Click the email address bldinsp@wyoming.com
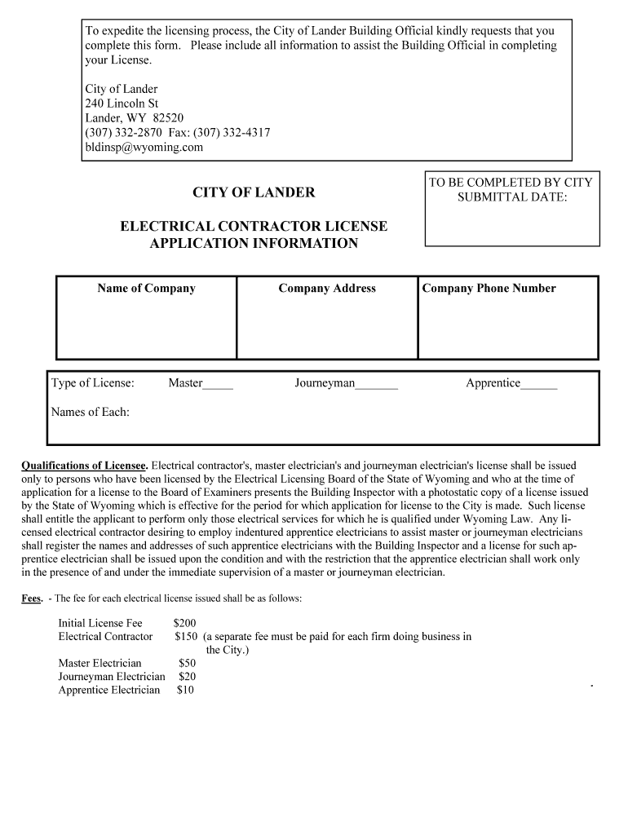pyautogui.click(x=144, y=148)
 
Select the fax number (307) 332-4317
pyautogui.click(x=232, y=133)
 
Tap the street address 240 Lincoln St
pyautogui.click(x=122, y=104)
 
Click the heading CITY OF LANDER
pyautogui.click(x=254, y=192)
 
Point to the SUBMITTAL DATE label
pyautogui.click(x=511, y=197)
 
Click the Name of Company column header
pyautogui.click(x=147, y=288)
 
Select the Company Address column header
pyautogui.click(x=327, y=288)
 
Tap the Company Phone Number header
pyautogui.click(x=489, y=288)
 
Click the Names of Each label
pyautogui.click(x=91, y=412)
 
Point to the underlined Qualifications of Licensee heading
pyautogui.click(x=84, y=466)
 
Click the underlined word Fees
pyautogui.click(x=32, y=599)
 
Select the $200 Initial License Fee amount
pyautogui.click(x=185, y=623)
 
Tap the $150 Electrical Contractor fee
pyautogui.click(x=186, y=636)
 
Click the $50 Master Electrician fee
pyautogui.click(x=188, y=663)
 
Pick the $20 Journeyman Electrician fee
pyautogui.click(x=188, y=676)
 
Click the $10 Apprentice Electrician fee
pyautogui.click(x=185, y=690)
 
